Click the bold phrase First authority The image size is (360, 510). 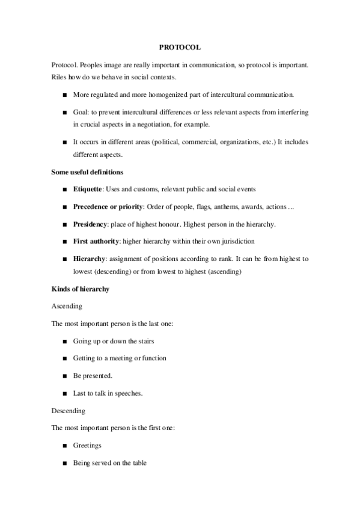tap(97, 241)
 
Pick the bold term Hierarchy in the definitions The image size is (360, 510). tap(90, 259)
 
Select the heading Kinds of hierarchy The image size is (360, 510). tap(80, 289)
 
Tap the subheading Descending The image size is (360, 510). tap(69, 411)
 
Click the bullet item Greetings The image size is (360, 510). tap(87, 446)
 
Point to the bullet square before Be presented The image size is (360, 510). tap(64, 376)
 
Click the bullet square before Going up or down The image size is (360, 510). tap(64, 341)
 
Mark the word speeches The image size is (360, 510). tap(128, 393)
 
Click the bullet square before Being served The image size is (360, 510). tap(64, 463)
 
